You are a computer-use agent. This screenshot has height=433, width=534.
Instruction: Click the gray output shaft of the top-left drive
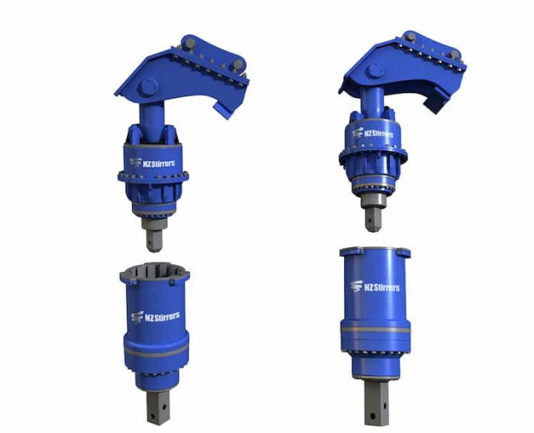(x=154, y=235)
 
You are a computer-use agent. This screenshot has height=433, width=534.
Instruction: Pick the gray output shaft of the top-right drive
(x=373, y=215)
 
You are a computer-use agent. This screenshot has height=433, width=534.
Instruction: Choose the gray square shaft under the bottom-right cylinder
(x=377, y=402)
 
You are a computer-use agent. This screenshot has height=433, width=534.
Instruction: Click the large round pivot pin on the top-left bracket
(x=149, y=87)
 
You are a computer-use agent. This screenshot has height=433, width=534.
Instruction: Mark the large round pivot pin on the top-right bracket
(x=375, y=71)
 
